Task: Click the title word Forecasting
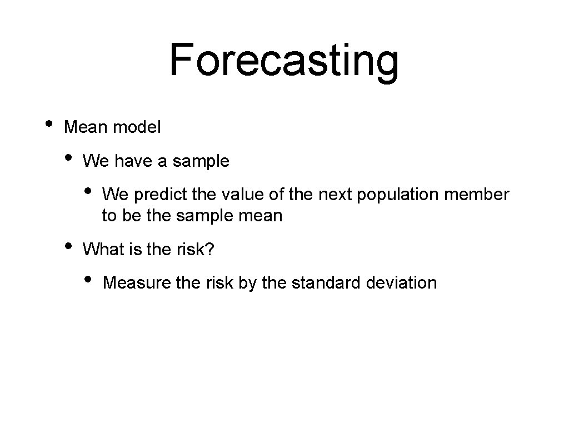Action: coord(284,61)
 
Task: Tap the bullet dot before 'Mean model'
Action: coord(49,123)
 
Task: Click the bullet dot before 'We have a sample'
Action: coord(68,157)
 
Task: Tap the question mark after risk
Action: coord(209,250)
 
